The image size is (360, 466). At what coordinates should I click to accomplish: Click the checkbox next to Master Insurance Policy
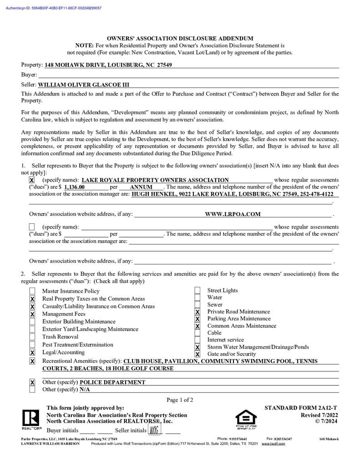32,291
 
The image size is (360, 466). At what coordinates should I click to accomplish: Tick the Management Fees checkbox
32,314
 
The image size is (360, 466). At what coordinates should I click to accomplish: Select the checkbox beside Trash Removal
32,337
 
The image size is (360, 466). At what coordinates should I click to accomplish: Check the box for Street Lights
198,291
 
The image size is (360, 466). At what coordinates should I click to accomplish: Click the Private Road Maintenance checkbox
198,312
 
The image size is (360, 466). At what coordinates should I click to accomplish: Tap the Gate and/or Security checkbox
198,354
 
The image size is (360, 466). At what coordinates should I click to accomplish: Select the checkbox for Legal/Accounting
32,353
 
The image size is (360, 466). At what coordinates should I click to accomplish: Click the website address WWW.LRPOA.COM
233,214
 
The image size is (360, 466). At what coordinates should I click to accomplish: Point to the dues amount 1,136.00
74,187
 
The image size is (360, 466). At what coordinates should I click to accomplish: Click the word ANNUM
141,187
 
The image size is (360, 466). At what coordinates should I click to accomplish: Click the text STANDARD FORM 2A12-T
301,408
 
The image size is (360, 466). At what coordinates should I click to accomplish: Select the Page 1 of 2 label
180,400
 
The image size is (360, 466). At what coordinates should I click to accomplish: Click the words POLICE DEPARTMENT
112,383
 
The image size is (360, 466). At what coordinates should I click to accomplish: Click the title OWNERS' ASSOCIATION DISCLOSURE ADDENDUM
180,39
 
